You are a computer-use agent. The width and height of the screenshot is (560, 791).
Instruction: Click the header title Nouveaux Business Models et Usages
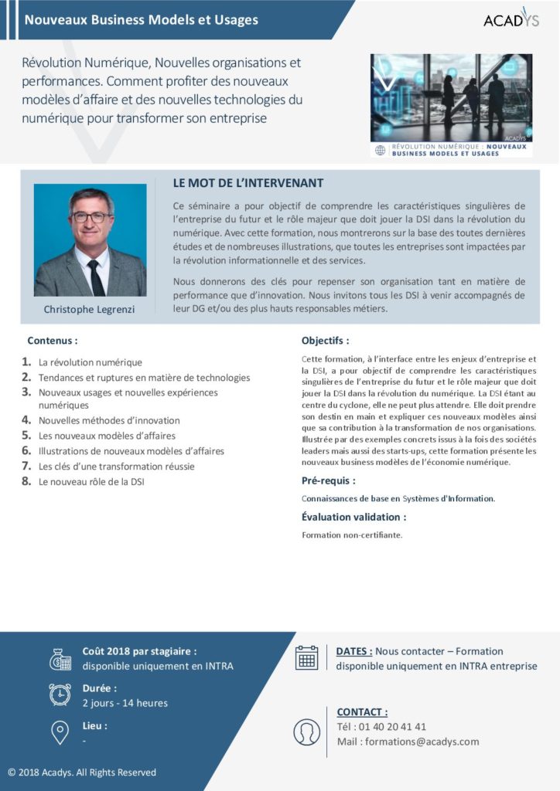(x=141, y=20)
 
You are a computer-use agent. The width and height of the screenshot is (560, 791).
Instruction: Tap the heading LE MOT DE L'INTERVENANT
(x=248, y=183)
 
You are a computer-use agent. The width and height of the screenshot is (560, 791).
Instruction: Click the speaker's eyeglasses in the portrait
(x=90, y=217)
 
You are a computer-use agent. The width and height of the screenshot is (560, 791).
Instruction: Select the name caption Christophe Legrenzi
(x=90, y=310)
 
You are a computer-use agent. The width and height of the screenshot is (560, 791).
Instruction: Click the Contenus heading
(x=53, y=340)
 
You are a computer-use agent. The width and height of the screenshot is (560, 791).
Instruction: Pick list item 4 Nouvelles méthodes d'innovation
(x=109, y=420)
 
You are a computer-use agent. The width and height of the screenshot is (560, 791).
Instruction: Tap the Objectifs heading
(x=325, y=340)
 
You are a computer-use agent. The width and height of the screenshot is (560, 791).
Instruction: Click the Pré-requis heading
(x=328, y=480)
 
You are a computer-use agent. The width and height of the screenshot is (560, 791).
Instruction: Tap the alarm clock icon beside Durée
(x=60, y=694)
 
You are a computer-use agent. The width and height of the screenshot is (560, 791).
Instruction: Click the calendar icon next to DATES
(x=307, y=657)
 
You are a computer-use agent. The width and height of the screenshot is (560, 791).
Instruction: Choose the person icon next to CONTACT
(x=307, y=732)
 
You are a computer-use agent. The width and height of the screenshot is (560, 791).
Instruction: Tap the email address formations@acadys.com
(x=422, y=742)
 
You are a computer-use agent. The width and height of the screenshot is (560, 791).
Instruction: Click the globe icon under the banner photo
(x=380, y=150)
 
